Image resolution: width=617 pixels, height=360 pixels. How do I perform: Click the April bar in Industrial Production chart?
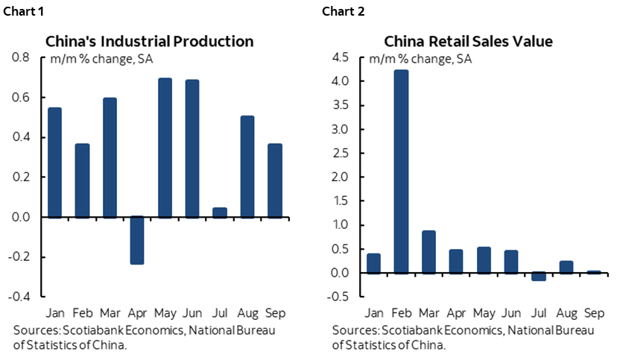[x=136, y=240]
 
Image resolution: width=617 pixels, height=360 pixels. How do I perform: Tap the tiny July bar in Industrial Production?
[x=219, y=212]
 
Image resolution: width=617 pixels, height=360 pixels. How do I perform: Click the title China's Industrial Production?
[x=150, y=41]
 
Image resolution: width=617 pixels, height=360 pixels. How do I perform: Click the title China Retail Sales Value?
[x=468, y=41]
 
